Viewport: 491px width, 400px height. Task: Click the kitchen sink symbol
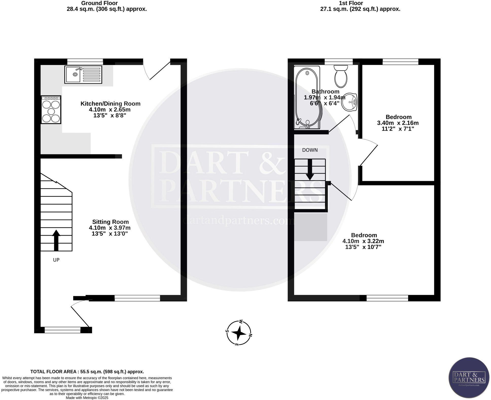(x=83, y=74)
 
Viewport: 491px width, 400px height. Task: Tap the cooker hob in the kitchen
(x=51, y=110)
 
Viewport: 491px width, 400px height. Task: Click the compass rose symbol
(x=238, y=333)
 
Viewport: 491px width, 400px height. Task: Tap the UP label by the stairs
(x=56, y=260)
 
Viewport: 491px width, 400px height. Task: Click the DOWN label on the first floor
(x=310, y=150)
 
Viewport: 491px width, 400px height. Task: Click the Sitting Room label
(x=110, y=222)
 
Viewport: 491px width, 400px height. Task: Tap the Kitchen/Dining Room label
(x=110, y=103)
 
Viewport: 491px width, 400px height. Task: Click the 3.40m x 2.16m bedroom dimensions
(x=398, y=123)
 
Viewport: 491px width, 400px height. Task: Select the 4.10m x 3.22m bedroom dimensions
(x=363, y=241)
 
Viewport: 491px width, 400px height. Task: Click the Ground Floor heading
(x=99, y=3)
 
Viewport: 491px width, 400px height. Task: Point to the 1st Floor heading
(x=351, y=3)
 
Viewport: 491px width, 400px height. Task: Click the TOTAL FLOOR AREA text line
(x=87, y=372)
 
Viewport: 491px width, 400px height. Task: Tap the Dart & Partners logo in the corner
(x=469, y=377)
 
